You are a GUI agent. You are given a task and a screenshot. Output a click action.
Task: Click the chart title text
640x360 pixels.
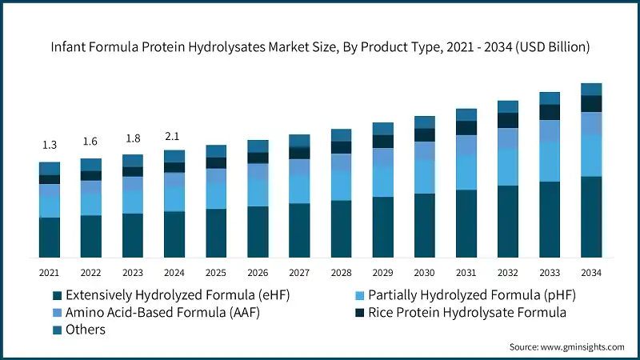320,47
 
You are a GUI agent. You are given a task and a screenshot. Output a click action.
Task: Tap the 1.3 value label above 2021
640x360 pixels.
50,145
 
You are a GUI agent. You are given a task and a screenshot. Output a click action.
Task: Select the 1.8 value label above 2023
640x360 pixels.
133,138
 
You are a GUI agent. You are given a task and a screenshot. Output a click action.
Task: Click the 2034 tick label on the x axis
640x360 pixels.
591,273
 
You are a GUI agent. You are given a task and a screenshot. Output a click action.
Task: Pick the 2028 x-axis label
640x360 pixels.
341,273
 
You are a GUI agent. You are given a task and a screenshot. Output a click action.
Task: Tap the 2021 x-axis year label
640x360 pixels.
50,273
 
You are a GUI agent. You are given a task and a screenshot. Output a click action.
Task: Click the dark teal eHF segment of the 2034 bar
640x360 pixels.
591,217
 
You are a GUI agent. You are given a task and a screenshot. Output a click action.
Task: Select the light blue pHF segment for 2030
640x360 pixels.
425,176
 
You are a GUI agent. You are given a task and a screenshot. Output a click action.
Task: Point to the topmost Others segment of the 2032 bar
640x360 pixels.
508,106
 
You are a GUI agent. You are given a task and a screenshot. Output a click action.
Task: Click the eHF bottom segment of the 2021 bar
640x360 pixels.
50,238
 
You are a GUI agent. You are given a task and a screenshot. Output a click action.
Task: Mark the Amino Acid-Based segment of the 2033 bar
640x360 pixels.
550,130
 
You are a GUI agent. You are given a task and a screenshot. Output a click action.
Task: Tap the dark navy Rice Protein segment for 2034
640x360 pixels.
591,103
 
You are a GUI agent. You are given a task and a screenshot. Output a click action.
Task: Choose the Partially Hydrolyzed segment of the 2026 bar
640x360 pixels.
258,193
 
